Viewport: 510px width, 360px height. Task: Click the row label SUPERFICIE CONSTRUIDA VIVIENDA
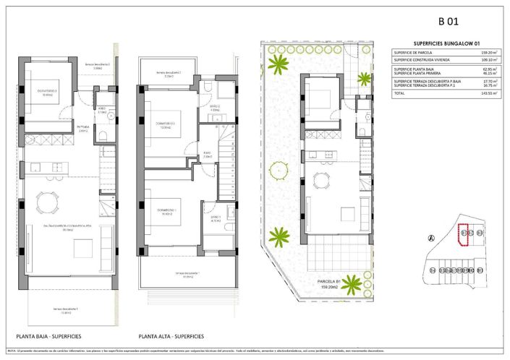point(422,60)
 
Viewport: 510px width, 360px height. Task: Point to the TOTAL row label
point(399,94)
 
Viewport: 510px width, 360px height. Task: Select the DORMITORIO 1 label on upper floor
point(166,211)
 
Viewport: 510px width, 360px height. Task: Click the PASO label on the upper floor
point(206,153)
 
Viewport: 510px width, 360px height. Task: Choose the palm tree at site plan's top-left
point(277,64)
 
